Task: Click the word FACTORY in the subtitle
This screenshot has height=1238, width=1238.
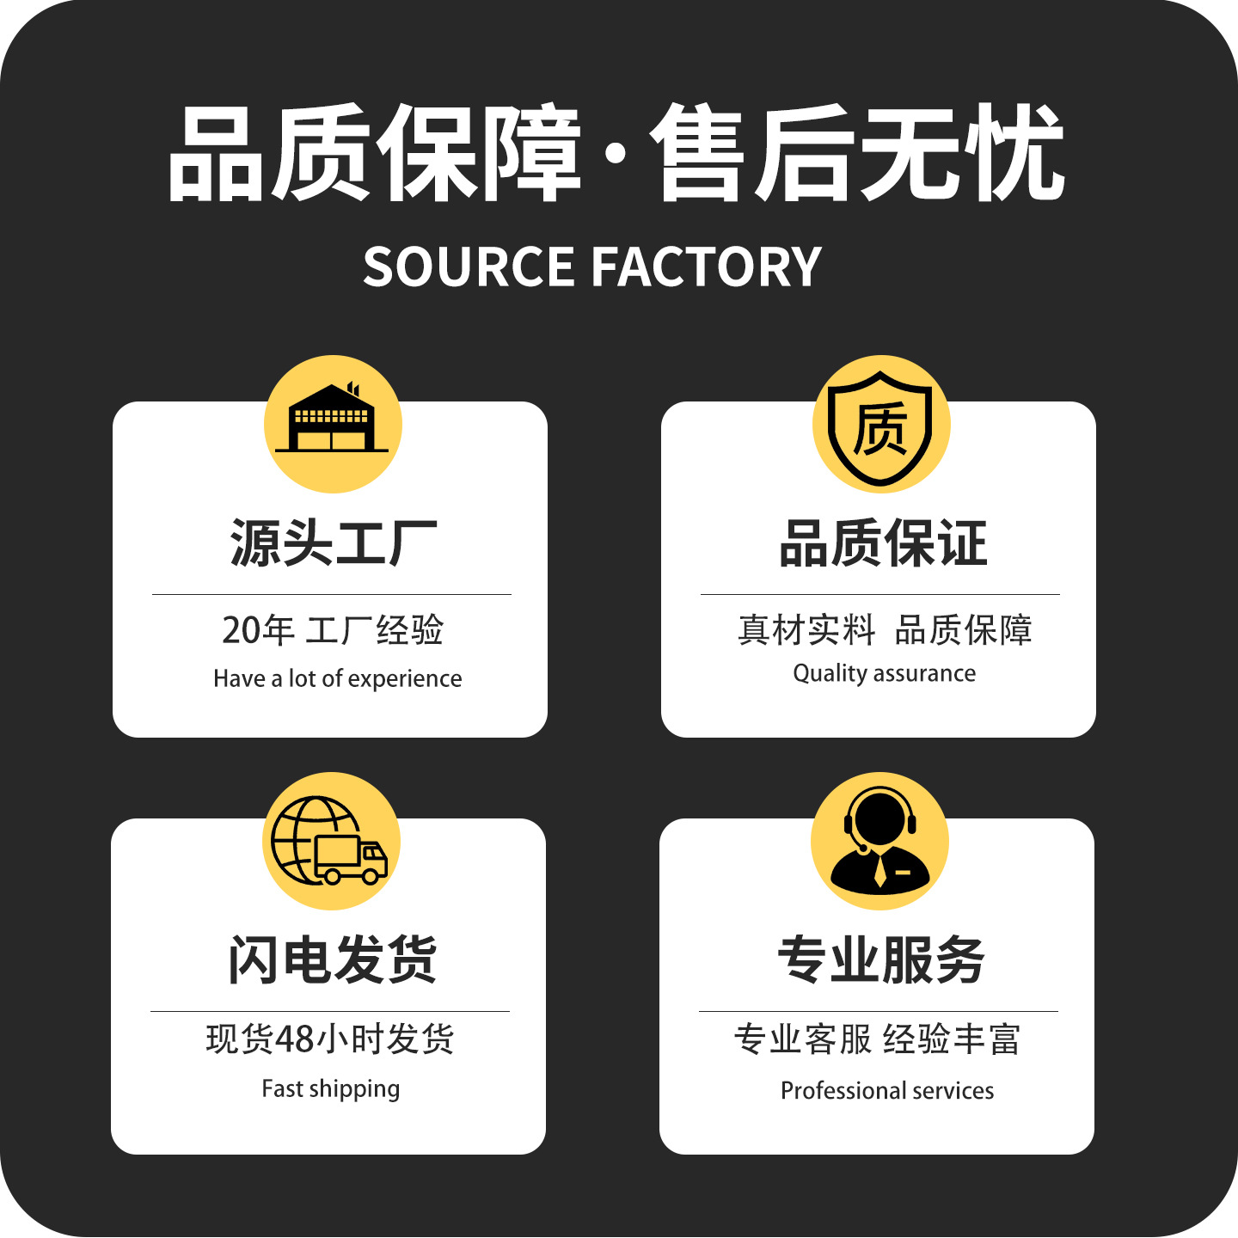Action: click(x=707, y=267)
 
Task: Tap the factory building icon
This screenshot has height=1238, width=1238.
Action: click(x=332, y=420)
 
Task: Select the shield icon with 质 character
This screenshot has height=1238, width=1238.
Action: click(x=880, y=426)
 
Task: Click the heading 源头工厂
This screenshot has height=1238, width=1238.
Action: click(x=333, y=543)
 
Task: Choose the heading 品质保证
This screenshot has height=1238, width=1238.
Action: click(x=882, y=543)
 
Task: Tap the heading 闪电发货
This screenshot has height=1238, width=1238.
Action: click(x=332, y=959)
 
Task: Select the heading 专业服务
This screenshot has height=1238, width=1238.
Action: click(x=880, y=959)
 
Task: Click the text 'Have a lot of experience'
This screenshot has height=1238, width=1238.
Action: click(x=337, y=678)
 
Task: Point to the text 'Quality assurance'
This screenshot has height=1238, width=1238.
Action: click(x=884, y=673)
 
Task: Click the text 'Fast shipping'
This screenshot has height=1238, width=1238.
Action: click(x=330, y=1089)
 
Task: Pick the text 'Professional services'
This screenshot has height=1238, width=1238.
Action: click(x=886, y=1091)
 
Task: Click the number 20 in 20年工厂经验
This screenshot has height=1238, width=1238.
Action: click(x=241, y=630)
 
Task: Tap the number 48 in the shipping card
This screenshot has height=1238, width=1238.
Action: click(x=295, y=1039)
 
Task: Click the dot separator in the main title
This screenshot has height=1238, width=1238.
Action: click(x=614, y=154)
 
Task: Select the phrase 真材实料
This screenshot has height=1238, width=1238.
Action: click(x=806, y=630)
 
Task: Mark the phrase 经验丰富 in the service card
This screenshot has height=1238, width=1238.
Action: click(x=951, y=1039)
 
